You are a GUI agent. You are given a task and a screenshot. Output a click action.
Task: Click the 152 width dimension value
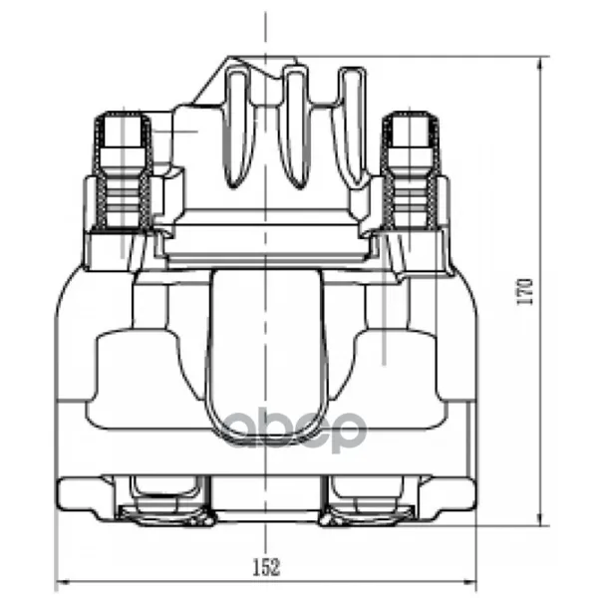click(x=266, y=567)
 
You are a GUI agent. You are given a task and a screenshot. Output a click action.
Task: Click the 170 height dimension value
click(x=524, y=291)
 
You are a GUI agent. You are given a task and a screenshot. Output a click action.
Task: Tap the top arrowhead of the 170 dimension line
click(x=539, y=64)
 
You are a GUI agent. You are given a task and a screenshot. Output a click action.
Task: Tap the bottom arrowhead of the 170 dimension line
click(x=539, y=518)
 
